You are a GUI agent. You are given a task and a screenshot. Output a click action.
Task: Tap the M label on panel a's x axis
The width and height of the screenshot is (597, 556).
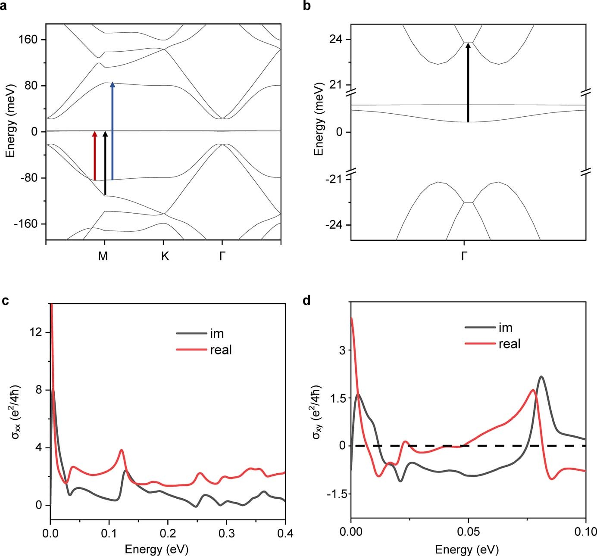(x=103, y=256)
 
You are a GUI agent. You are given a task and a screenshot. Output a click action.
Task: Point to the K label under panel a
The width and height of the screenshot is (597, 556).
(x=165, y=256)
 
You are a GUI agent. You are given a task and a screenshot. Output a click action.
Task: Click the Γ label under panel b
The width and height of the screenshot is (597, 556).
(x=464, y=256)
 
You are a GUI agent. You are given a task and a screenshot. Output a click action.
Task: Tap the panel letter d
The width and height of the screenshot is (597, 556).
(x=306, y=301)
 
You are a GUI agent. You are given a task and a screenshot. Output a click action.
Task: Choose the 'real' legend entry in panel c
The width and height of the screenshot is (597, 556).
(x=221, y=350)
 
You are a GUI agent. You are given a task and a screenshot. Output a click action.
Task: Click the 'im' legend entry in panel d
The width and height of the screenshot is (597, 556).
(x=505, y=328)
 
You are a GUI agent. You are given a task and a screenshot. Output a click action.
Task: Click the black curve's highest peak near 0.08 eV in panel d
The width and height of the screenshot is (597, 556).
(x=541, y=377)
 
